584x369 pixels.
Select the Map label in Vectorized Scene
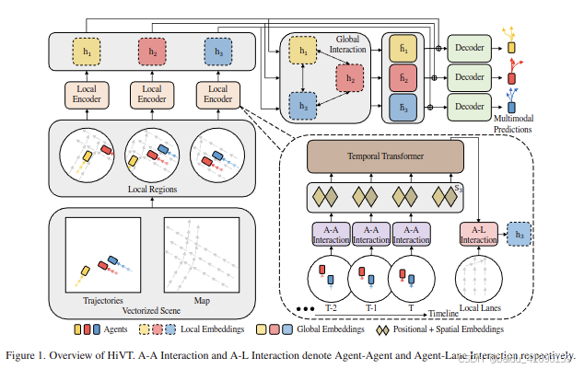click(201, 299)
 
